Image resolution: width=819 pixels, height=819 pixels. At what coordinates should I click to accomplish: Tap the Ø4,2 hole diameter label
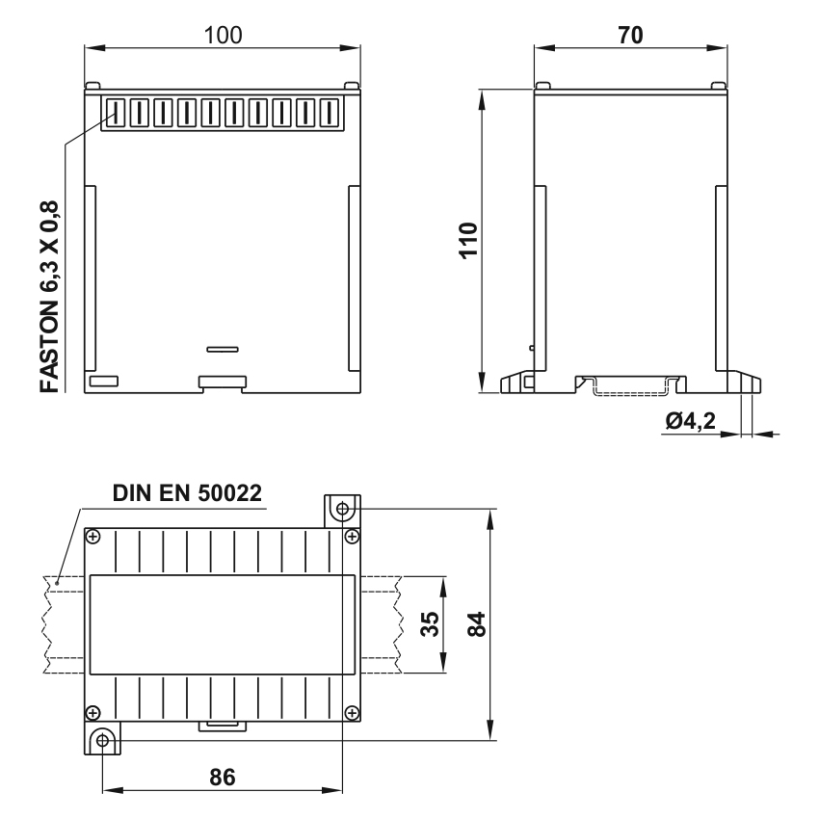[x=691, y=420]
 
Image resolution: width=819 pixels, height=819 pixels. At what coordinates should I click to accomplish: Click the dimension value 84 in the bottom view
[x=475, y=623]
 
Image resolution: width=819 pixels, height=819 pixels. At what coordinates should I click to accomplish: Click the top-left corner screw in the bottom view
[x=92, y=536]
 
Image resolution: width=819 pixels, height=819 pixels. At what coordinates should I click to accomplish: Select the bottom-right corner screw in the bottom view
[x=352, y=713]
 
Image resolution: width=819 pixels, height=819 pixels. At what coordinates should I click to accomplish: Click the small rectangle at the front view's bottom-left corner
[x=102, y=381]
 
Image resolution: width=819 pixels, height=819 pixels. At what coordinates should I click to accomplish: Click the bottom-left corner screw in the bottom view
[x=92, y=713]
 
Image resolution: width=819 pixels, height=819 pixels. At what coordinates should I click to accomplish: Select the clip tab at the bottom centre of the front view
[x=222, y=383]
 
